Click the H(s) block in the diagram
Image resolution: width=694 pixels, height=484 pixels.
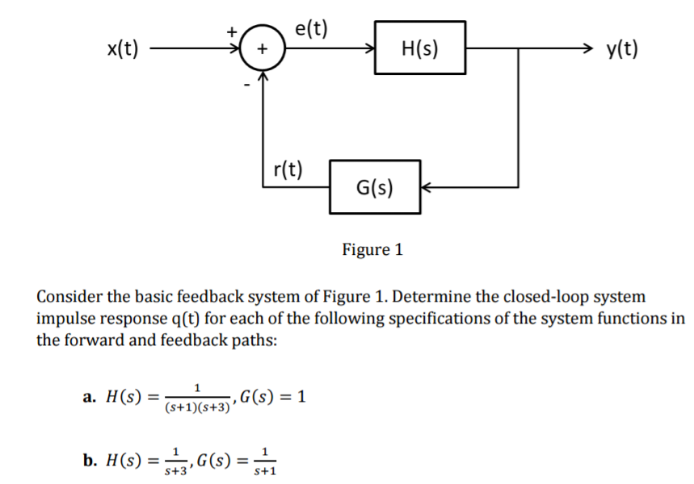coord(420,48)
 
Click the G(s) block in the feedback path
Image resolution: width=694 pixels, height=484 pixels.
coord(375,187)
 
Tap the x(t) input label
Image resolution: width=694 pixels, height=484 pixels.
coord(122,49)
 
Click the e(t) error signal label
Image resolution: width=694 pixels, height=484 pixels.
coord(312,29)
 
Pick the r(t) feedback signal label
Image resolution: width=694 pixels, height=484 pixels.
coord(288,169)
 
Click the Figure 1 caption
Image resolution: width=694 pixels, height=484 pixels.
coord(372,249)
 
